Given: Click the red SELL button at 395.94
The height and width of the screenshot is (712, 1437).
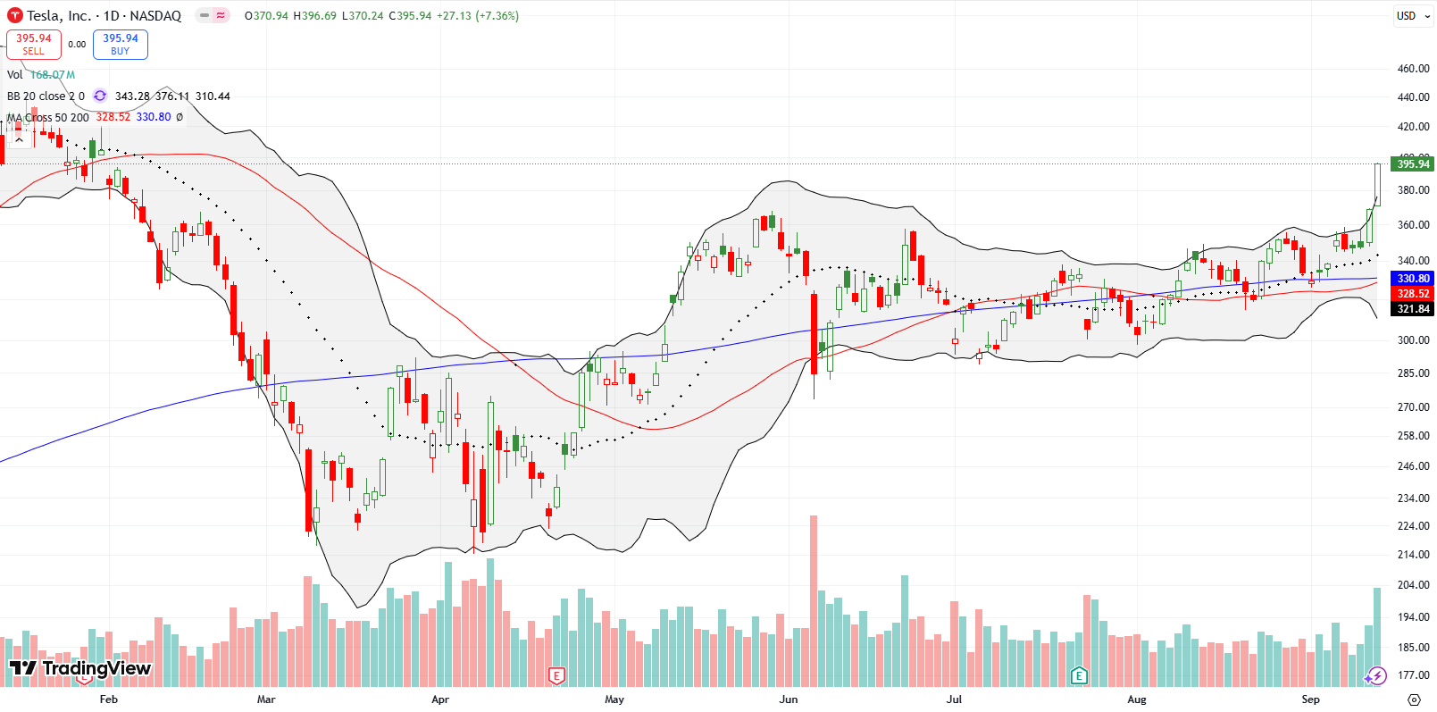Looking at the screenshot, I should click(34, 44).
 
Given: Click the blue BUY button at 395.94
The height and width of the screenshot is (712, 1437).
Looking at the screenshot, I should click(120, 44).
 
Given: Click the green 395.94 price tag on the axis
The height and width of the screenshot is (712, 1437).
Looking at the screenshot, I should click(1413, 163).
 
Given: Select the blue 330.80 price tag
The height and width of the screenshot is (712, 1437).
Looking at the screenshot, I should click(1413, 279).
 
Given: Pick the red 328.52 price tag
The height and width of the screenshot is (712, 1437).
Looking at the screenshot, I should click(1413, 293).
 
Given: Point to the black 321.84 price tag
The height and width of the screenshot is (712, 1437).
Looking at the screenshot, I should click(1413, 309).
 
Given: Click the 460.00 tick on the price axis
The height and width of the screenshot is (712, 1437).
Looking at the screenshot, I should click(1413, 69).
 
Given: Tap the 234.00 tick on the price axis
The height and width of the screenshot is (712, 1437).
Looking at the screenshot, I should click(1413, 498).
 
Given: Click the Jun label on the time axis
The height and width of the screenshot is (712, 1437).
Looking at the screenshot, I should click(788, 699).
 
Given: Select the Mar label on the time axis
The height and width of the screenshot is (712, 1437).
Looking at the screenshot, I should click(266, 699).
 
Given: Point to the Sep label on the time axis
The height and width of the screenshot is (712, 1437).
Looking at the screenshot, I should click(1310, 699).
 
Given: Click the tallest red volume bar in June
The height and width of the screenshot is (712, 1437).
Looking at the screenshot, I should click(814, 599).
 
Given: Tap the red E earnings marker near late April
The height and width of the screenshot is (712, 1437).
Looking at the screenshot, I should click(556, 675).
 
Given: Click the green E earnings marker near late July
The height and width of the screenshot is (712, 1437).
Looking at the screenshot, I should click(1079, 675).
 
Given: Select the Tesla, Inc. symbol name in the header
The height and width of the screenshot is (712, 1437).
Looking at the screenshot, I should click(59, 15).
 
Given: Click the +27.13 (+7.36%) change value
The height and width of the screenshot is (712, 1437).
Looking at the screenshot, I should click(477, 15).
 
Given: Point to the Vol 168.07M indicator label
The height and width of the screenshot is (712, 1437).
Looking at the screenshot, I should click(41, 75).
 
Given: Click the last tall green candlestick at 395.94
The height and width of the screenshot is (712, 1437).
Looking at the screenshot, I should click(1377, 185).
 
